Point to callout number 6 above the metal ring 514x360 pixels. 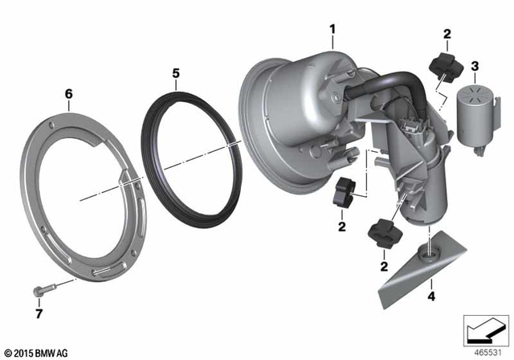(68, 94)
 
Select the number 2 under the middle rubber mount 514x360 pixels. (341, 228)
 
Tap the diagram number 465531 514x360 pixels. (484, 352)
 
